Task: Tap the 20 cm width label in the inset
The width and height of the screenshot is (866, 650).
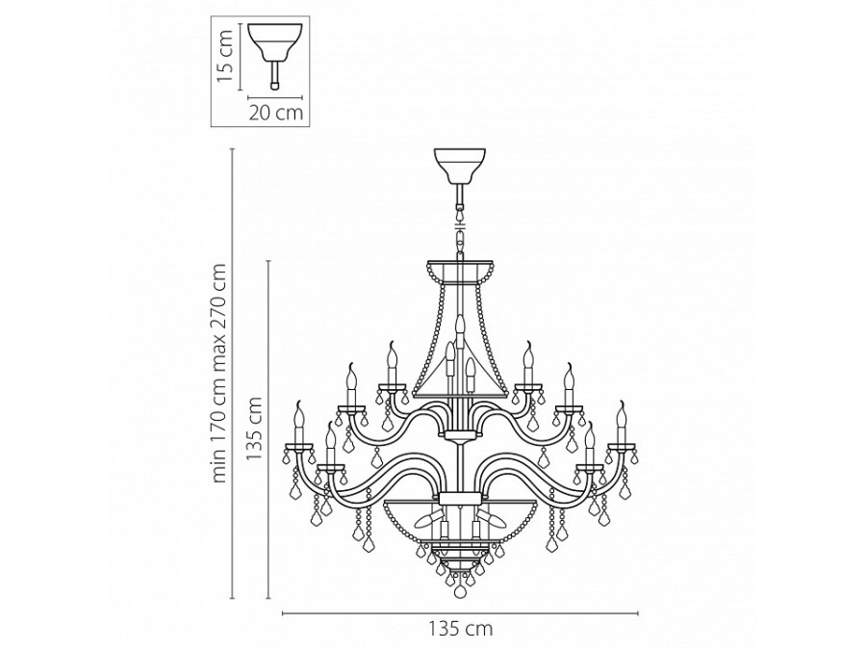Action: (x=276, y=113)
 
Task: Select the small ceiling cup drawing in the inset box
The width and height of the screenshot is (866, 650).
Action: (x=274, y=41)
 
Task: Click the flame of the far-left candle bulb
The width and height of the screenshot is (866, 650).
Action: (x=297, y=413)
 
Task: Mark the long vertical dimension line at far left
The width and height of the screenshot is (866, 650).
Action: (x=235, y=372)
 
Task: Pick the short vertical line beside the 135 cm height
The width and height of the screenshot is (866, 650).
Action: (x=268, y=429)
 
